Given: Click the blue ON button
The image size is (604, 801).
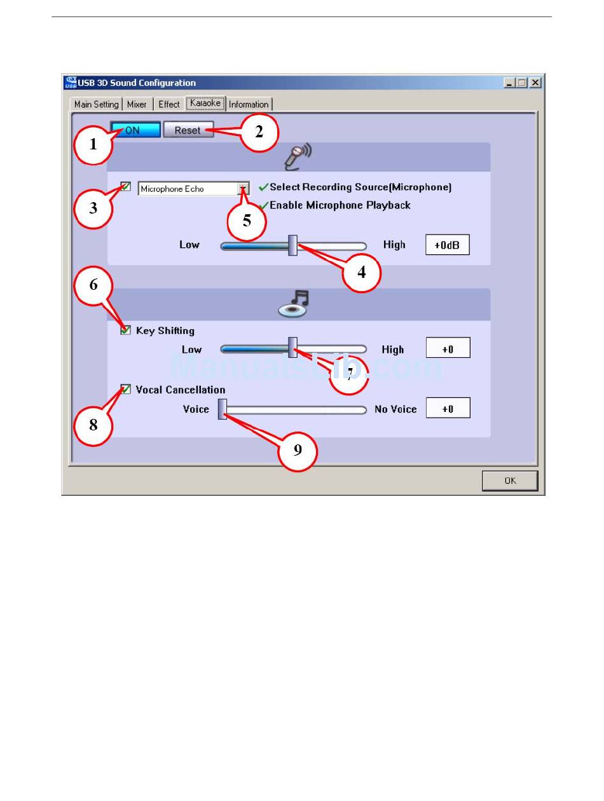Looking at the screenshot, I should pyautogui.click(x=135, y=130).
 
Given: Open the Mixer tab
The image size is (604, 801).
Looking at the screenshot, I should pyautogui.click(x=137, y=104).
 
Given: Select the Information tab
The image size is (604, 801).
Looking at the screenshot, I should pyautogui.click(x=249, y=104).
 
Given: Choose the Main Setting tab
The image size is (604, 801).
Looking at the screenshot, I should pyautogui.click(x=96, y=104).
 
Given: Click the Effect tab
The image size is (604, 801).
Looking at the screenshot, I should pyautogui.click(x=169, y=104).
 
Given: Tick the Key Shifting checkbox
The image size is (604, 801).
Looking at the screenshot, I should pyautogui.click(x=126, y=331).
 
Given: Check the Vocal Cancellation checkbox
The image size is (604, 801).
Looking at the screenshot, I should pyautogui.click(x=126, y=390).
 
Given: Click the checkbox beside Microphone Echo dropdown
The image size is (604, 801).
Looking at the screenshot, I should pyautogui.click(x=126, y=187).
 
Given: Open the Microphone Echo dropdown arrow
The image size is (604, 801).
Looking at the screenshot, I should pyautogui.click(x=243, y=189).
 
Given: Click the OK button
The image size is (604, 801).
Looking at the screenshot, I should pyautogui.click(x=510, y=481).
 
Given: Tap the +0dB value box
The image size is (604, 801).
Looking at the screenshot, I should pyautogui.click(x=447, y=245).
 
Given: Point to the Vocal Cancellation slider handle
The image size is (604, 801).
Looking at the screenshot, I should pyautogui.click(x=223, y=409).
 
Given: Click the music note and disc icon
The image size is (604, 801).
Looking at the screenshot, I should pyautogui.click(x=294, y=304).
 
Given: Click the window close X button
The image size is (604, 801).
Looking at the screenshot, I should pyautogui.click(x=535, y=83).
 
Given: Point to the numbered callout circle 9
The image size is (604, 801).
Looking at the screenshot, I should pyautogui.click(x=298, y=451).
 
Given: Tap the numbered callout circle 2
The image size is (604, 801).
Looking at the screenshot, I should pyautogui.click(x=259, y=132).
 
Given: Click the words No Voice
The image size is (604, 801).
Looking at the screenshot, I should pyautogui.click(x=395, y=409).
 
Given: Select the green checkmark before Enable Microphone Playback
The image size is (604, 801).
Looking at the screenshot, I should pyautogui.click(x=263, y=205).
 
